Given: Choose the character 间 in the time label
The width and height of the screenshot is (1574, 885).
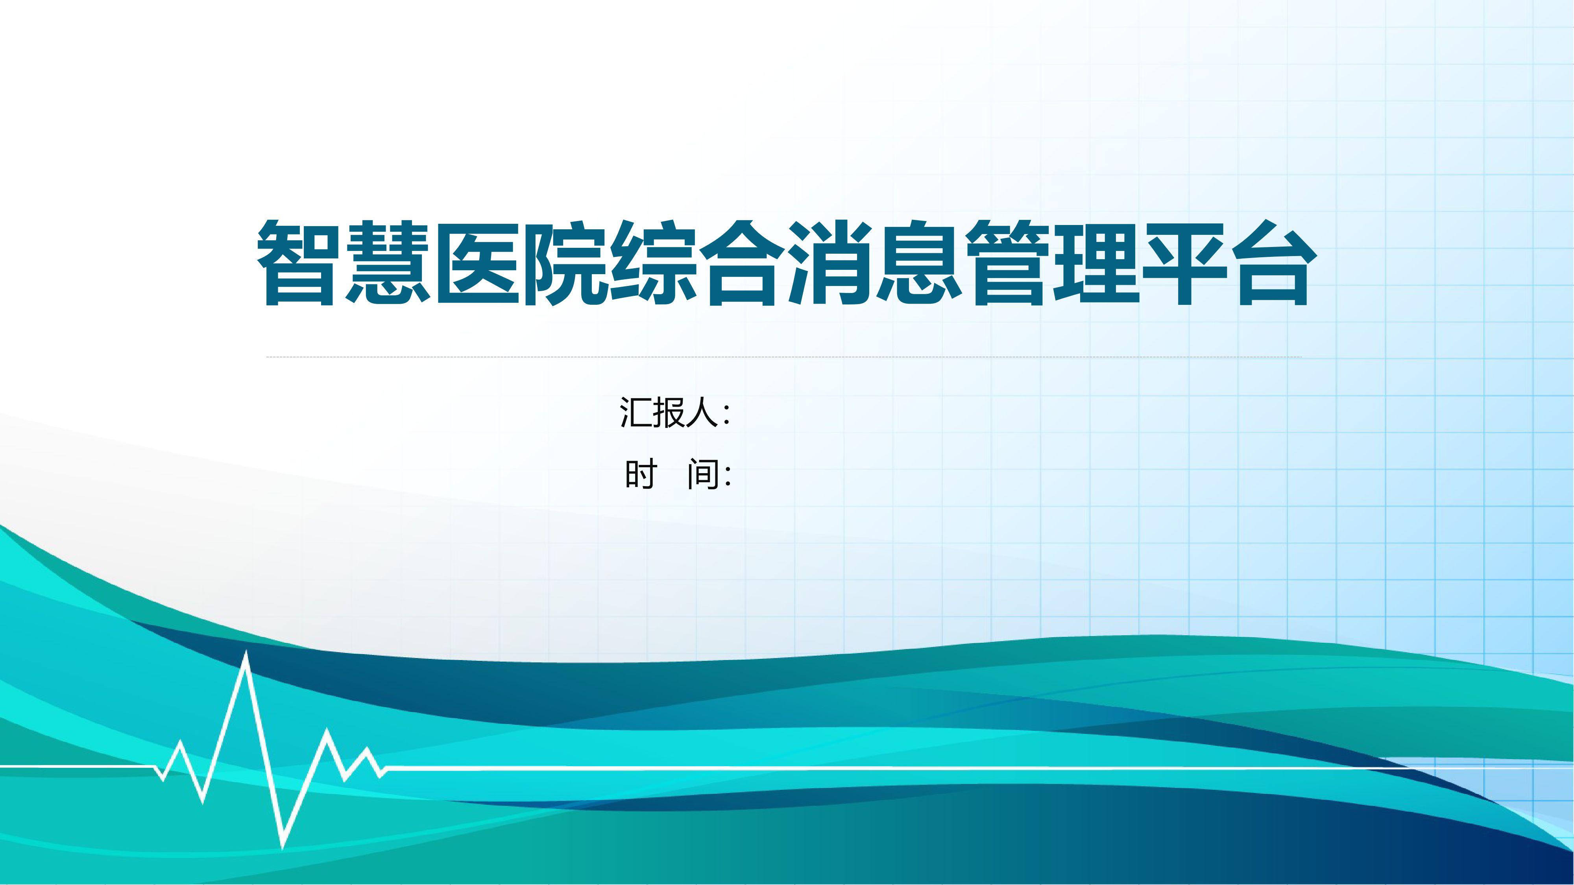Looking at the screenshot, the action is [703, 475].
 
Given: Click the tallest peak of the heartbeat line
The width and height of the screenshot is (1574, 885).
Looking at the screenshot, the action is [246, 652].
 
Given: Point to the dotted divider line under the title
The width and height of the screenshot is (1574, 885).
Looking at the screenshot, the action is [784, 357].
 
